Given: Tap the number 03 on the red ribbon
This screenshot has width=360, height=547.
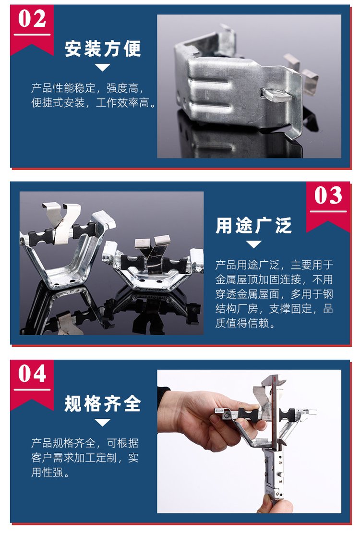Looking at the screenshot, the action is [328, 195].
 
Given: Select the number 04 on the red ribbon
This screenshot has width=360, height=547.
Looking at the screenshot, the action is [32, 374].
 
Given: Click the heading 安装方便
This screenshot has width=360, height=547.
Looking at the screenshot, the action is [103, 49].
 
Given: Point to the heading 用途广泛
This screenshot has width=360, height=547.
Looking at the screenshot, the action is [253, 225].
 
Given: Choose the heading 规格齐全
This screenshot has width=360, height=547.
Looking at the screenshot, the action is [103, 403].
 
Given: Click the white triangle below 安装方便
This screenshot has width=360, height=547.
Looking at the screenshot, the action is [103, 67].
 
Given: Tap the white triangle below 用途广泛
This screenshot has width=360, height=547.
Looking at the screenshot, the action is [253, 244].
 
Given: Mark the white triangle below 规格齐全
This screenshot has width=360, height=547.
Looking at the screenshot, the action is [103, 423].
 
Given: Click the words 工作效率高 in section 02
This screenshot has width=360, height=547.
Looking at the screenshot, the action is [123, 103].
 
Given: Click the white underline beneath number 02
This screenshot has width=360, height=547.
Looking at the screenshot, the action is [32, 35].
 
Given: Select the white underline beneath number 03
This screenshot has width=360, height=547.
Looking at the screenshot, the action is [328, 211].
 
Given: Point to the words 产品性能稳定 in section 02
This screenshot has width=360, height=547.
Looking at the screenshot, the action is [63, 88].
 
